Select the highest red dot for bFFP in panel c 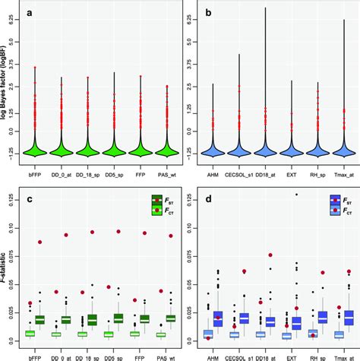coord(39,242)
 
